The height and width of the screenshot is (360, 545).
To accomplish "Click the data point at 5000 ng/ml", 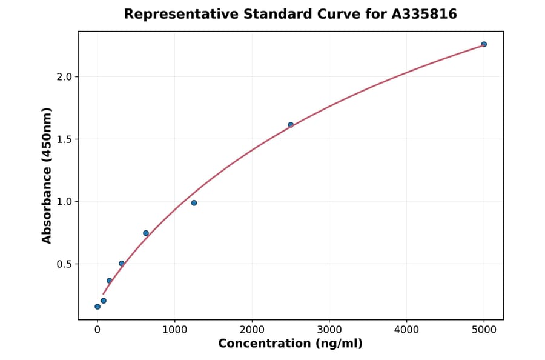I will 484,44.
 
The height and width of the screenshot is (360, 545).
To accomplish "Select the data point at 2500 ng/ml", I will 291,125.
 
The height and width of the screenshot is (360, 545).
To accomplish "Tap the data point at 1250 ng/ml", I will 194,203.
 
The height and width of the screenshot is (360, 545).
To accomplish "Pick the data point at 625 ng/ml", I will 146,233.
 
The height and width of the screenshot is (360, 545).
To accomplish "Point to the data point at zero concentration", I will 97,307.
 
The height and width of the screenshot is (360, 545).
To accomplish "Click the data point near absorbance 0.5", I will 122,264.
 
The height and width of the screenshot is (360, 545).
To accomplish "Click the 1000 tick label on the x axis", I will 174,330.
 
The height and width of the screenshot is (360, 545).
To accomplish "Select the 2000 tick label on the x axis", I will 252,330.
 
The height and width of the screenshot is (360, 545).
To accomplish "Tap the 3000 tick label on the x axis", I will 329,330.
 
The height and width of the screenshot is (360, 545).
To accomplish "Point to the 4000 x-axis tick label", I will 406,330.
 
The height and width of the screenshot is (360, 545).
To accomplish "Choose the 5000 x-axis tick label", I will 484,330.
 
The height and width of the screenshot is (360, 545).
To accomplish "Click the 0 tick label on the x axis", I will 97,330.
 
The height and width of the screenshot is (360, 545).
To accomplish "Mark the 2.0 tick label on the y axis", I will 65,77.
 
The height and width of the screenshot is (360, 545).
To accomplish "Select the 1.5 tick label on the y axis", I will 65,139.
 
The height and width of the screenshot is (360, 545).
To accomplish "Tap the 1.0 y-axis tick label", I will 65,202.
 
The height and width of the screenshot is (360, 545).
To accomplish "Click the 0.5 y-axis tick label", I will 65,264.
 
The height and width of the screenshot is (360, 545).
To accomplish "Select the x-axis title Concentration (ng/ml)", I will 290,344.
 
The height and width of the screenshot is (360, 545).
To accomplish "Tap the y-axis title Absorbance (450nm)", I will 47,175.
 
